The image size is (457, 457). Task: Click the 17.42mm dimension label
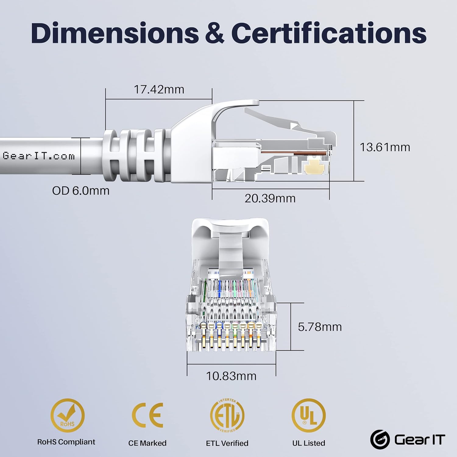pyautogui.click(x=159, y=90)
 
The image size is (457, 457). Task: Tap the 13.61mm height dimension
pyautogui.click(x=385, y=147)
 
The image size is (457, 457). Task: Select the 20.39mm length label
pyautogui.click(x=270, y=198)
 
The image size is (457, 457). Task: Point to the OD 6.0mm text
pyautogui.click(x=81, y=191)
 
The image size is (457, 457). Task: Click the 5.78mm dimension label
pyautogui.click(x=320, y=327)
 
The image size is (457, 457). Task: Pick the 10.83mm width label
pyautogui.click(x=231, y=376)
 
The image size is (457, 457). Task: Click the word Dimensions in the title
pyautogui.click(x=115, y=33)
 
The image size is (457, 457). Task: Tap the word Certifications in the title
pyautogui.click(x=329, y=33)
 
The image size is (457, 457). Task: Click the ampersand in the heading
pyautogui.click(x=215, y=33)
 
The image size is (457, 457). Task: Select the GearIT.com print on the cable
pyautogui.click(x=39, y=156)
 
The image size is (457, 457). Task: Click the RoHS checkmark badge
pyautogui.click(x=67, y=415)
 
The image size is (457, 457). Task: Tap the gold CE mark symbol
pyautogui.click(x=148, y=415)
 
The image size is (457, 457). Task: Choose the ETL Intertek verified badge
pyautogui.click(x=227, y=415)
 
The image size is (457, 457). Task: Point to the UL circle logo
pyautogui.click(x=309, y=415)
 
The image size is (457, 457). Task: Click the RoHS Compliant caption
pyautogui.click(x=66, y=442)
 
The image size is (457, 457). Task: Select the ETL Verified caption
pyautogui.click(x=227, y=443)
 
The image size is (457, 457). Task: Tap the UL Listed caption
pyautogui.click(x=309, y=443)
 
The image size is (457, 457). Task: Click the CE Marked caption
pyautogui.click(x=147, y=443)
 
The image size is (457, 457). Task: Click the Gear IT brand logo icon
pyautogui.click(x=380, y=440)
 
